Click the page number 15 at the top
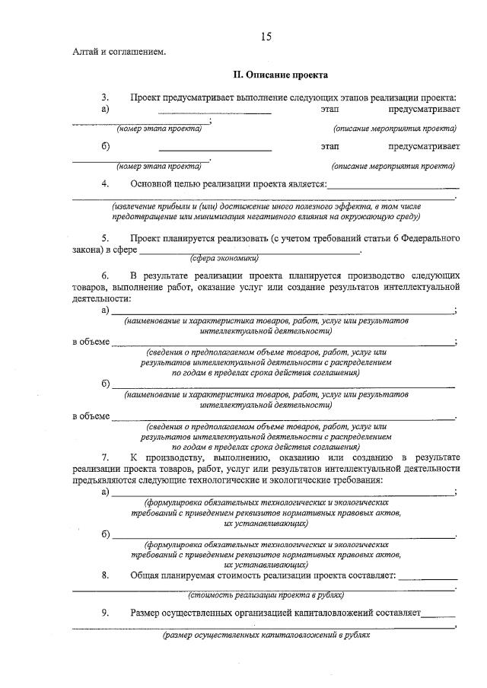click(x=266, y=37)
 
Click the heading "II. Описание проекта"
click(x=280, y=75)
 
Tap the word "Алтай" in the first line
click(x=84, y=52)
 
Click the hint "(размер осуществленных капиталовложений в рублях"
click(x=266, y=633)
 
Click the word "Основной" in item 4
click(x=151, y=183)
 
